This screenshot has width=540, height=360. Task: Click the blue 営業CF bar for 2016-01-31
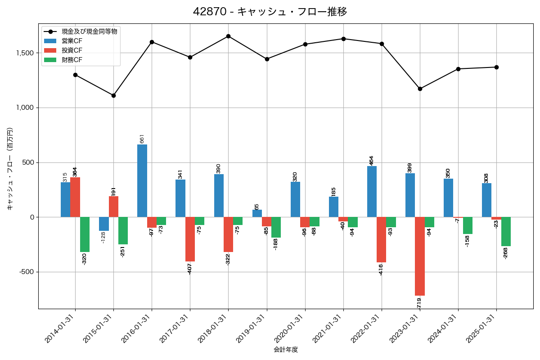pos(142,181)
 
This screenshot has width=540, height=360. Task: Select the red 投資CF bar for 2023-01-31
pos(420,256)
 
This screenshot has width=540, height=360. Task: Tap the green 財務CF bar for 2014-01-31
pos(85,234)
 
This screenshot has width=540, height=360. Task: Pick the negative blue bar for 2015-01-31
pos(104,224)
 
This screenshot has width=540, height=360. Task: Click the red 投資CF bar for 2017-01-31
pos(190,239)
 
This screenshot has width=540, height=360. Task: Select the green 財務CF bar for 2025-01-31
pos(506,232)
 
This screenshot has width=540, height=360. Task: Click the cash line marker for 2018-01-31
pos(228,36)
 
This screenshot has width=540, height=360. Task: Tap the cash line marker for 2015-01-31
pos(113,95)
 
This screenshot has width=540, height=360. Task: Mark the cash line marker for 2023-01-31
pos(420,89)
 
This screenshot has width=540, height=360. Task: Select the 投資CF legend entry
pos(72,50)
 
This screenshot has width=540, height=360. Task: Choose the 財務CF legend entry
pos(72,59)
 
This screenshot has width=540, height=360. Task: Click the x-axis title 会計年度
pos(286,350)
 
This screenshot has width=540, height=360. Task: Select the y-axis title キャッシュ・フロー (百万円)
pos(10,169)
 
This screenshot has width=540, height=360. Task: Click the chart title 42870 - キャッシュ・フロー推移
pos(270,12)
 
